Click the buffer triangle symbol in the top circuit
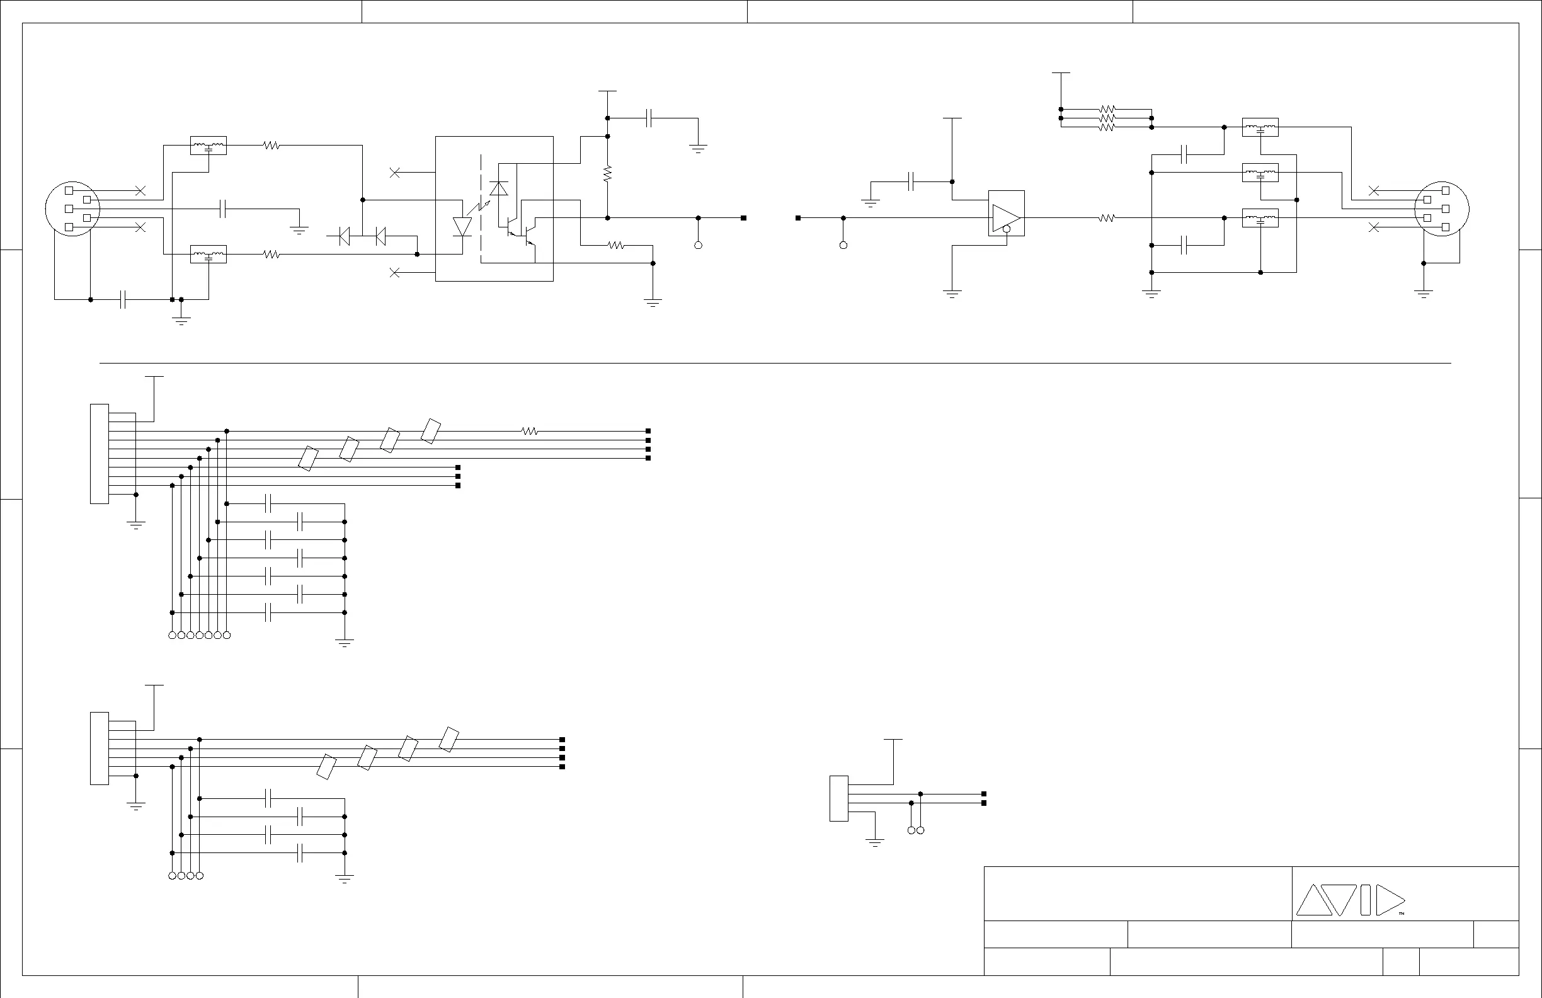click(x=1005, y=217)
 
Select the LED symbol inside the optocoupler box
click(x=462, y=227)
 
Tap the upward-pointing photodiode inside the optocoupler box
click(x=499, y=188)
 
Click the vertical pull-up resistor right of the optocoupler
click(x=607, y=173)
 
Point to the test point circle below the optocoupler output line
click(x=698, y=246)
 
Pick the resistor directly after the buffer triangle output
click(x=1107, y=219)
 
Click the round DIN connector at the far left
click(x=72, y=209)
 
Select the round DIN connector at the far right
click(x=1442, y=209)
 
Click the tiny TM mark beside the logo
click(x=1402, y=914)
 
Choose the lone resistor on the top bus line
click(x=529, y=431)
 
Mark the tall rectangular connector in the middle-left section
click(x=99, y=454)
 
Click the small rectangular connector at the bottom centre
click(x=838, y=798)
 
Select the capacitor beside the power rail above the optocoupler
click(x=650, y=118)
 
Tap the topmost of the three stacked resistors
click(x=1107, y=110)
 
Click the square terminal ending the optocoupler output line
click(x=743, y=219)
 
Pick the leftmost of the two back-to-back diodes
click(x=344, y=236)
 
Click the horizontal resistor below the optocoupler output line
click(x=615, y=246)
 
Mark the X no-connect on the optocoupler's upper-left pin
click(x=394, y=173)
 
